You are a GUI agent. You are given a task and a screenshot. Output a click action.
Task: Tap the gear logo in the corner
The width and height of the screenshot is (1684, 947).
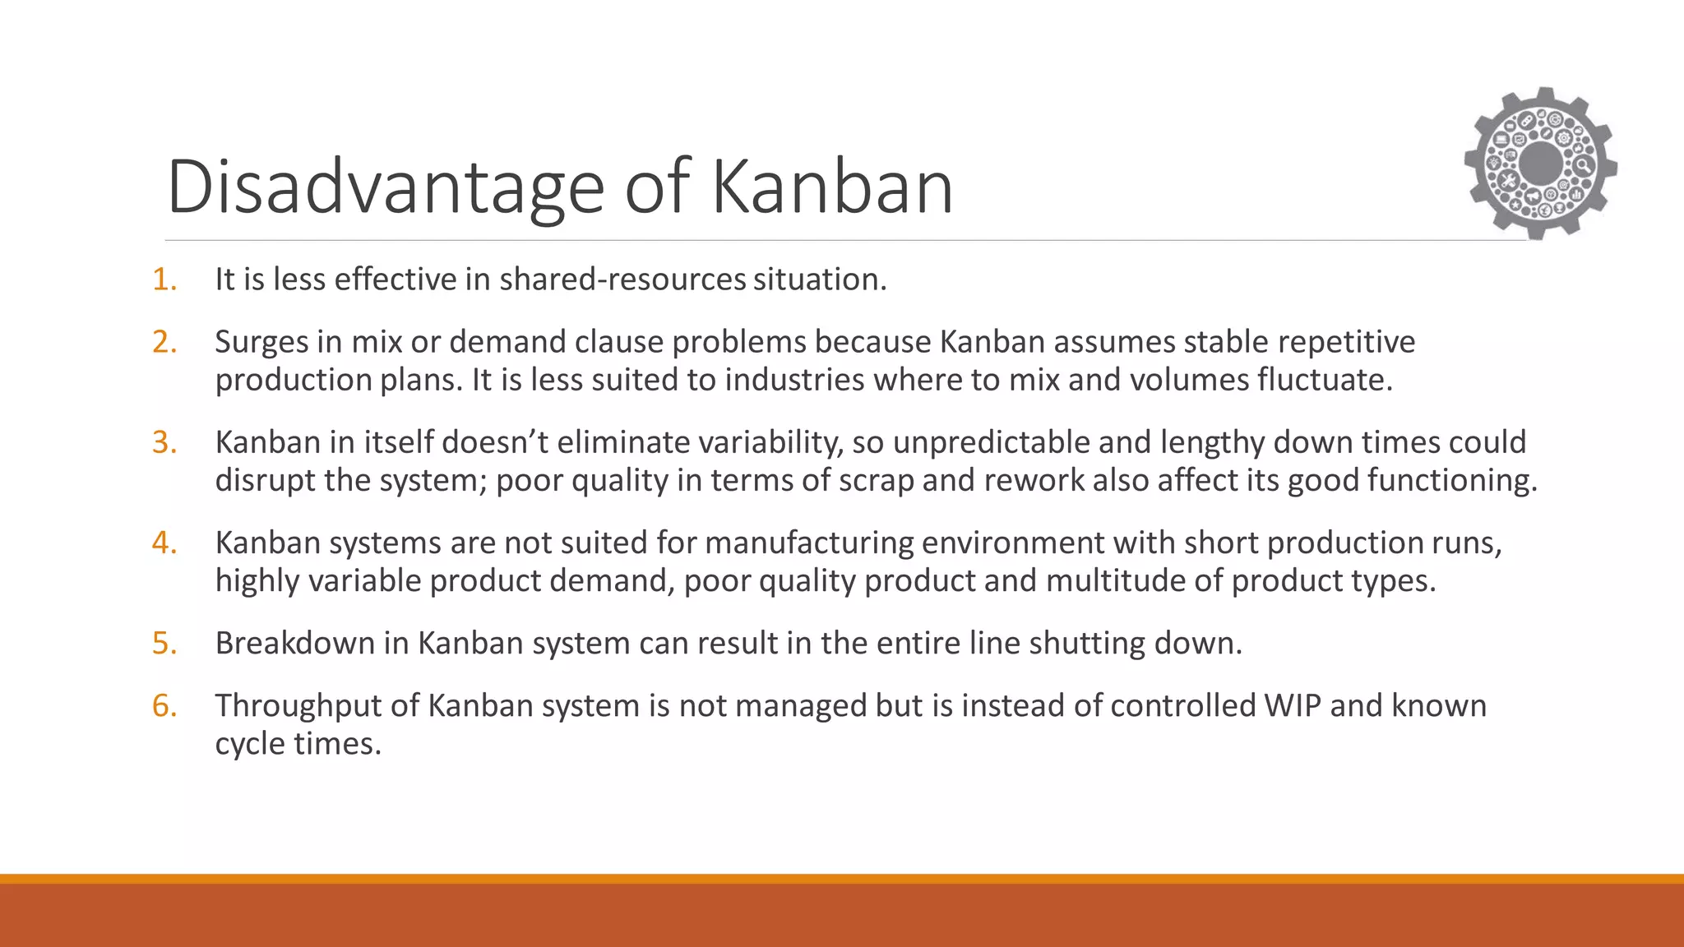(x=1540, y=164)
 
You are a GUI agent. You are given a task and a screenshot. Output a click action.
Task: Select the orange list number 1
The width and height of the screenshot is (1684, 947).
(x=164, y=279)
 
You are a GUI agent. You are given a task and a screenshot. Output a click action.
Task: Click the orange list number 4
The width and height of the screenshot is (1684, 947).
(x=164, y=543)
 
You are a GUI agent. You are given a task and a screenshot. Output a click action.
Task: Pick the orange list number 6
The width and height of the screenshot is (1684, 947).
(x=164, y=705)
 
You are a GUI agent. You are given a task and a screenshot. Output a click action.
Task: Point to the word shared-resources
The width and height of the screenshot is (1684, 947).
(x=622, y=279)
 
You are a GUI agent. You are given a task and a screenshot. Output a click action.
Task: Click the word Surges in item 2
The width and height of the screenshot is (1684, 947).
(x=261, y=342)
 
